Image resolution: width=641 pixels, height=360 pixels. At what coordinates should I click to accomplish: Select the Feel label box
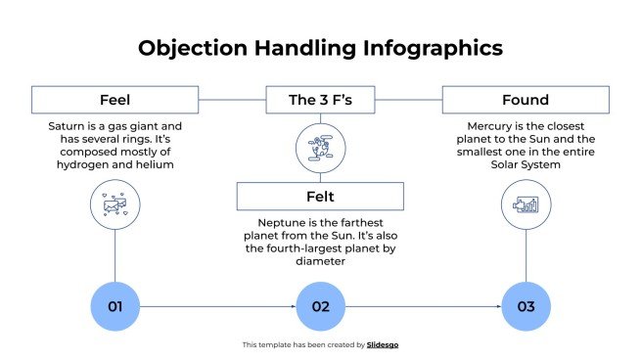(114, 100)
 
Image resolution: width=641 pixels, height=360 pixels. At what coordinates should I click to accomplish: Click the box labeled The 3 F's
(320, 100)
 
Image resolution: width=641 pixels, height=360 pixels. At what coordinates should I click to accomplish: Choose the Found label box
(526, 100)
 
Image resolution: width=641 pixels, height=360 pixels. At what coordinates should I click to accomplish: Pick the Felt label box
(320, 197)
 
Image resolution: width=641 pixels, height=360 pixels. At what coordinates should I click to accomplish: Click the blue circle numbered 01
(115, 306)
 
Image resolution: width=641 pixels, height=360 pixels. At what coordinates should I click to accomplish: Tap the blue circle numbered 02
(320, 306)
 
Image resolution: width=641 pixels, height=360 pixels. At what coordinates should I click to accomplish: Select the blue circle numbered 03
(526, 306)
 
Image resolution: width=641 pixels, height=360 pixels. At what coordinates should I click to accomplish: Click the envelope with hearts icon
(115, 205)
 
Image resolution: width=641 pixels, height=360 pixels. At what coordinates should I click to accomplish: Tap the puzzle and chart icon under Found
(526, 205)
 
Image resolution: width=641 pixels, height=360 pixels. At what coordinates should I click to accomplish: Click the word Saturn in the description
(69, 127)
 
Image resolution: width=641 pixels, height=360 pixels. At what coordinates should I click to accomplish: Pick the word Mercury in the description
(489, 127)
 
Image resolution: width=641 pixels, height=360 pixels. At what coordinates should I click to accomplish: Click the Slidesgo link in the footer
(383, 344)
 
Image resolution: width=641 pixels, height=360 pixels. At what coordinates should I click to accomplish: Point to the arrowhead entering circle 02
(293, 306)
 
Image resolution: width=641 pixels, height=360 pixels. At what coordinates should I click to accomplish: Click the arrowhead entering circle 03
(498, 306)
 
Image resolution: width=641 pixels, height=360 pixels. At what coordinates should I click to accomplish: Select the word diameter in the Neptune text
(320, 261)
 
